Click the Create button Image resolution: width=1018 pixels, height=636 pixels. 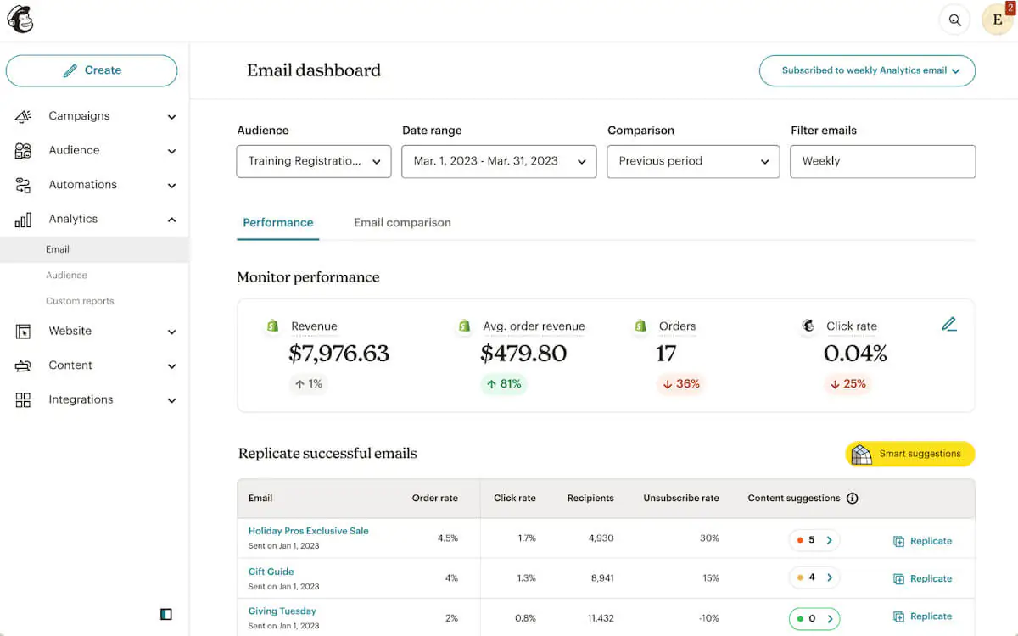click(92, 70)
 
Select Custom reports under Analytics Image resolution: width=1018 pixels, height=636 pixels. click(80, 301)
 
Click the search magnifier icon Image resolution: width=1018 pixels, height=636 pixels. click(955, 20)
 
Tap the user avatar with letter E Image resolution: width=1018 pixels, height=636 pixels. click(997, 20)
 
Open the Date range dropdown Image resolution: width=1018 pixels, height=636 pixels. click(499, 161)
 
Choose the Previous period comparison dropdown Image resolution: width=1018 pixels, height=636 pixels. click(693, 161)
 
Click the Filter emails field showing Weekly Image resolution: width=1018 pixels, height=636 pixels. click(882, 161)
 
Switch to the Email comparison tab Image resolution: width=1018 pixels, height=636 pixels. click(402, 223)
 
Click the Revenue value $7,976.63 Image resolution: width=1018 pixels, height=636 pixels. click(338, 353)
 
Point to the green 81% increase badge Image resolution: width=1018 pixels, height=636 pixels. click(503, 384)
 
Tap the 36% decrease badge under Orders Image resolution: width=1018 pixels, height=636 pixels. click(681, 384)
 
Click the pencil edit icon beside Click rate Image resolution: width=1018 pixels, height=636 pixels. click(948, 324)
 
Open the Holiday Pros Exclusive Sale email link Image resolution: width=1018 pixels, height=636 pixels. click(308, 531)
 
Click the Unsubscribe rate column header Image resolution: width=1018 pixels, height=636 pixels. click(681, 499)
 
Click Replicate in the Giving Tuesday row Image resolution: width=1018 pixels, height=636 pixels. click(923, 616)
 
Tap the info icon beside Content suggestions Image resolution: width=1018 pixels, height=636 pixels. click(853, 499)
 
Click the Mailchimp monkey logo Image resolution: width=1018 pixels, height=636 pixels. click(20, 20)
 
